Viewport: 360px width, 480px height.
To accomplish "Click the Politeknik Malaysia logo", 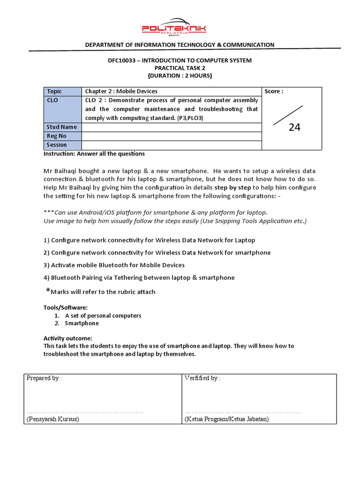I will [174, 28].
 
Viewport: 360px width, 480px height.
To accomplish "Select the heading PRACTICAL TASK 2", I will [180, 68].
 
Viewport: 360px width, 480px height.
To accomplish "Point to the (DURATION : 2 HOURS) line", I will [180, 75].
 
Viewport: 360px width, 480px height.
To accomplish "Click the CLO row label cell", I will [62, 109].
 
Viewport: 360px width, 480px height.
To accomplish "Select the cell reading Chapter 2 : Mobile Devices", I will [121, 91].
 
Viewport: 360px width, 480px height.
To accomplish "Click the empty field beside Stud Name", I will [172, 127].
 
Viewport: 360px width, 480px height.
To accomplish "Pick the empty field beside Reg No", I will [172, 136].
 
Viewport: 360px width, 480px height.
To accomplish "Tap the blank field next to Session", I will [172, 145].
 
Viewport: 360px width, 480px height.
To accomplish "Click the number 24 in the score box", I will [294, 127].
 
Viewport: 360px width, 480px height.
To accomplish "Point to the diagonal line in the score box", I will [288, 115].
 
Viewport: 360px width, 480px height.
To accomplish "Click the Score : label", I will [274, 91].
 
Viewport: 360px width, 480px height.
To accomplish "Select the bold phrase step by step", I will [233, 187].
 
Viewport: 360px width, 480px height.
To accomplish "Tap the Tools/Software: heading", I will [65, 307].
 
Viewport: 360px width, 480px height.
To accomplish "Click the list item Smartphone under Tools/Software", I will [82, 323].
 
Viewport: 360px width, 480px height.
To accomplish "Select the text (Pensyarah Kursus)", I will [53, 419].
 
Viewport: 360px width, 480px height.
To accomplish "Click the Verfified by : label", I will [202, 378].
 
